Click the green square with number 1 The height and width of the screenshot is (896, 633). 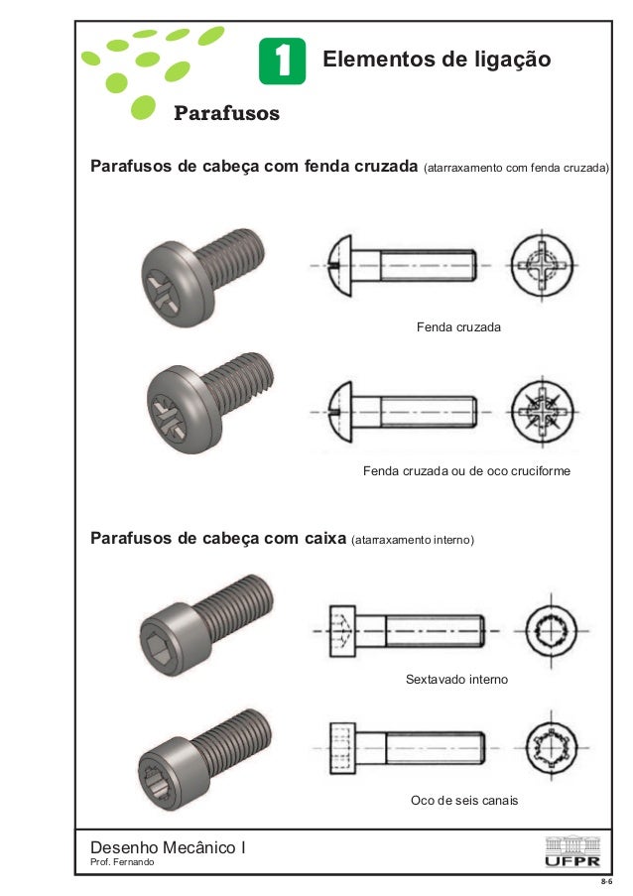coord(282,62)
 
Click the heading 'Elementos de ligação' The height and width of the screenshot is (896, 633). coord(437,61)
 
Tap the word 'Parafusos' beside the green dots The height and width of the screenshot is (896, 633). coord(226,113)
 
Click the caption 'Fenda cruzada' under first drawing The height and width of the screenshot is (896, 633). coord(458,326)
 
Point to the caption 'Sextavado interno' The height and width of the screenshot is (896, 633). coord(456,680)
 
